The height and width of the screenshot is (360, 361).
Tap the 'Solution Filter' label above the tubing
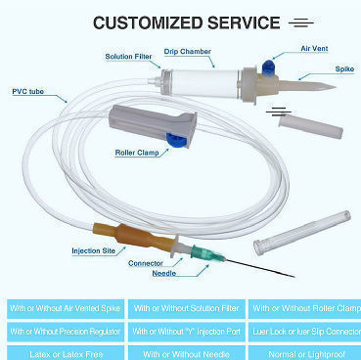(128, 57)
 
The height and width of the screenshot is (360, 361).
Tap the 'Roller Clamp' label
(139, 152)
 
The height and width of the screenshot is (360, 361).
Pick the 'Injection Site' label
(93, 250)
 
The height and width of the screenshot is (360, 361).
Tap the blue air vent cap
(265, 66)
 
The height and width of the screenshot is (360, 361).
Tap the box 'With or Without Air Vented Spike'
(63, 309)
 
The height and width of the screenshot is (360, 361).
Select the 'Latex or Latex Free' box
(63, 352)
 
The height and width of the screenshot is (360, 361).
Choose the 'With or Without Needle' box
(184, 352)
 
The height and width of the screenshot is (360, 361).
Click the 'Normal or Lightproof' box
(303, 352)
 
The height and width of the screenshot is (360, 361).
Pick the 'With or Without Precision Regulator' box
(63, 331)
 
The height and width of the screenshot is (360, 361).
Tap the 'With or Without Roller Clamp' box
(303, 309)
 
